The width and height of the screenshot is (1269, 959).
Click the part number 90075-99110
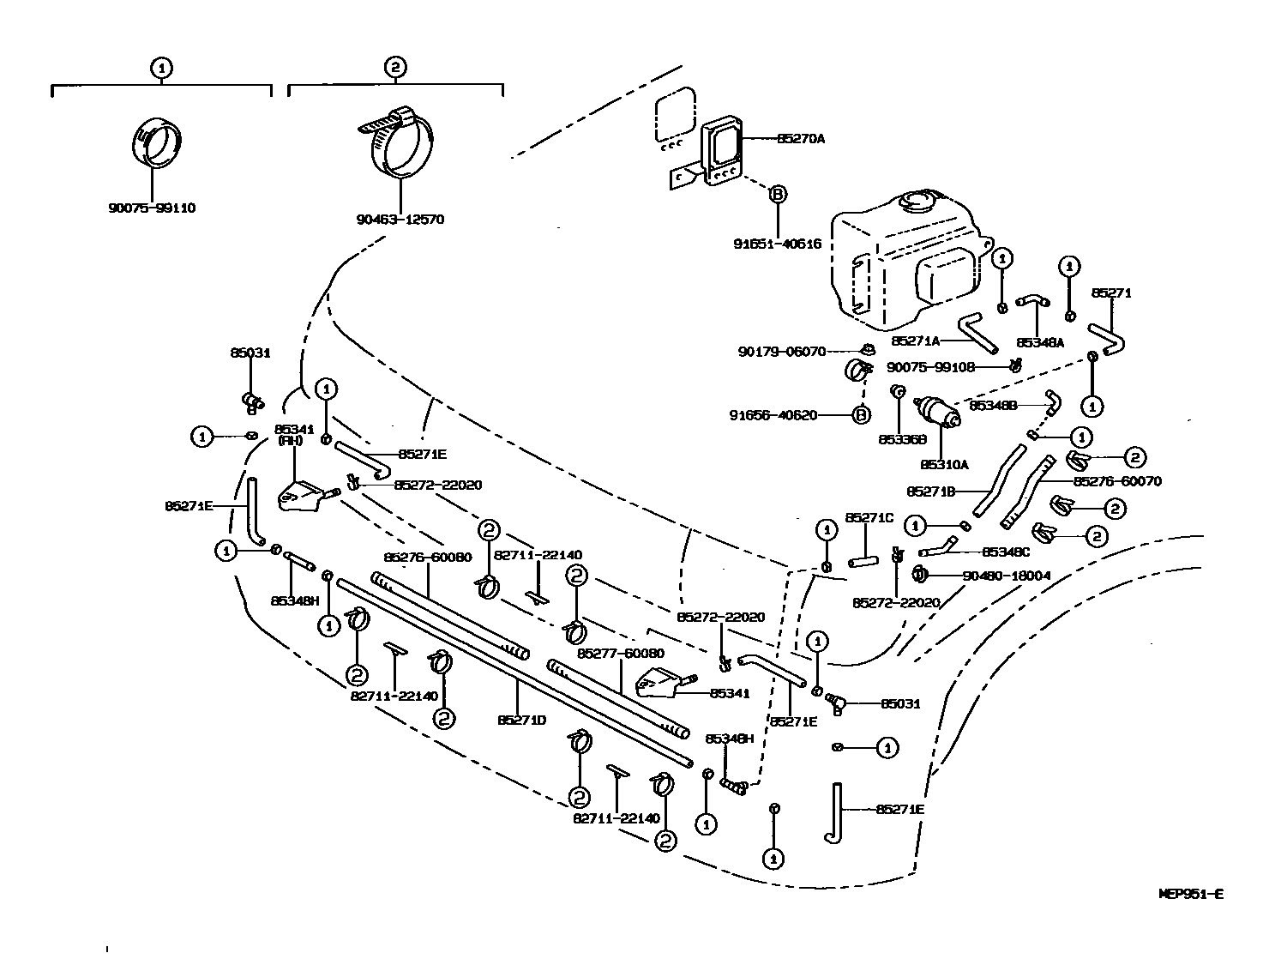pyautogui.click(x=152, y=208)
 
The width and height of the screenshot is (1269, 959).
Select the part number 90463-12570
pyautogui.click(x=400, y=220)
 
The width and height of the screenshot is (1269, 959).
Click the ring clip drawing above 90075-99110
pyautogui.click(x=158, y=142)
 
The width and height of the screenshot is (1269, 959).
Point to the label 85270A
pyautogui.click(x=800, y=138)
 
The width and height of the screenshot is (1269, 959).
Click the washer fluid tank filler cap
pyautogui.click(x=916, y=203)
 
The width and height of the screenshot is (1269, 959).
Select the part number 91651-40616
pyautogui.click(x=777, y=244)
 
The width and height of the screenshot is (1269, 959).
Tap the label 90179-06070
pyautogui.click(x=781, y=351)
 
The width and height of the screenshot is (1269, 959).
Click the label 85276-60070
pyautogui.click(x=1117, y=481)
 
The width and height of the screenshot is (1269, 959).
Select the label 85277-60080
pyautogui.click(x=620, y=653)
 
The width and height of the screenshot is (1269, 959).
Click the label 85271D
pyautogui.click(x=521, y=720)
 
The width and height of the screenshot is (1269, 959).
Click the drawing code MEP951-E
pyautogui.click(x=1190, y=894)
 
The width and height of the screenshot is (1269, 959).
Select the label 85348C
pyautogui.click(x=1005, y=552)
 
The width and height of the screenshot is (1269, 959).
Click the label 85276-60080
pyautogui.click(x=427, y=557)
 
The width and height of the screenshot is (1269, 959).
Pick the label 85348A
pyautogui.click(x=1039, y=341)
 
